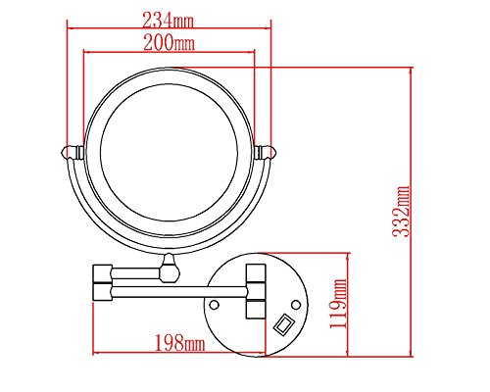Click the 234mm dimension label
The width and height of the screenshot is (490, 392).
[168, 21]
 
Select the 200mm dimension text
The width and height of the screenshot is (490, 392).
[170, 42]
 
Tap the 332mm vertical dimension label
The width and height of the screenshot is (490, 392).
[401, 212]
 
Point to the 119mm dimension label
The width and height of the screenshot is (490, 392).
[338, 304]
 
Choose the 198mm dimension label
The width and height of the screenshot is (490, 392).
[179, 343]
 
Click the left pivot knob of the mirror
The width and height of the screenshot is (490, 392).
[73, 152]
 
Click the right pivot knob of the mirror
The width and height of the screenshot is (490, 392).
[266, 152]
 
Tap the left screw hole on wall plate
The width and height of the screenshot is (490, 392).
[214, 305]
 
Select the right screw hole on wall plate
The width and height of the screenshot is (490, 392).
[296, 305]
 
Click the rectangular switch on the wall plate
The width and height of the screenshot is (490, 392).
[283, 324]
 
